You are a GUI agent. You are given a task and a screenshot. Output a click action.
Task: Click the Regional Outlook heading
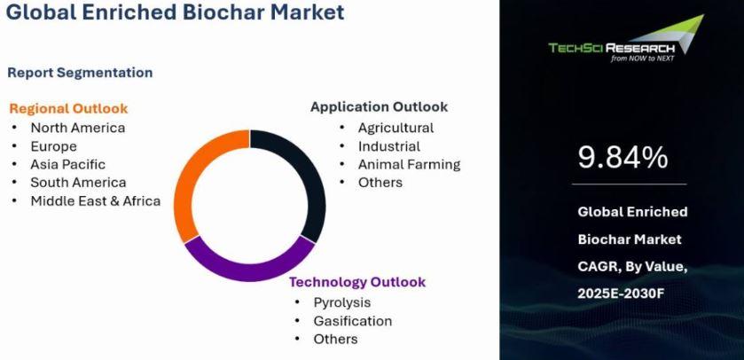click(x=68, y=108)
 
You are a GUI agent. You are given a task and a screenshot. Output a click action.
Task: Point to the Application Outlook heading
click(x=380, y=106)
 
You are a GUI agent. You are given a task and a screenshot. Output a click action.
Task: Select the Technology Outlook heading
click(x=357, y=282)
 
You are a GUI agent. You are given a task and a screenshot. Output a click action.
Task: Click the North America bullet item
click(x=78, y=128)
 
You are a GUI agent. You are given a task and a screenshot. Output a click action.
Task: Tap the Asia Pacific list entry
click(x=68, y=164)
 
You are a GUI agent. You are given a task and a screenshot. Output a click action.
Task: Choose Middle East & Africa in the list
click(x=96, y=201)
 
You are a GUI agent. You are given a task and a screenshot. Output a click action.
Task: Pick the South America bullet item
click(x=78, y=183)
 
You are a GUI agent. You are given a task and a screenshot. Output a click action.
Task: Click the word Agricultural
click(x=395, y=128)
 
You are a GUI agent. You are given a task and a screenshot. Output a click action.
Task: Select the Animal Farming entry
click(x=409, y=165)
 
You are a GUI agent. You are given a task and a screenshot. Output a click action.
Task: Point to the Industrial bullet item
click(x=389, y=146)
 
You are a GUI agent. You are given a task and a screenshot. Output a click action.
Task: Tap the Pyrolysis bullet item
click(x=342, y=302)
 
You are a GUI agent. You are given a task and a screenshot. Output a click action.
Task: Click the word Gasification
click(x=353, y=321)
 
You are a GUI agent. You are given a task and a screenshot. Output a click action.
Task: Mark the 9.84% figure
click(x=623, y=158)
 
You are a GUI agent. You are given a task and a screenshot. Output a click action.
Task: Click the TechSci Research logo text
click(x=611, y=48)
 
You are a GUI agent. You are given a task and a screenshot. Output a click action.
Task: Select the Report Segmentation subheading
click(x=80, y=73)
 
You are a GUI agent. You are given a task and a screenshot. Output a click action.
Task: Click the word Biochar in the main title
click(x=224, y=12)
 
